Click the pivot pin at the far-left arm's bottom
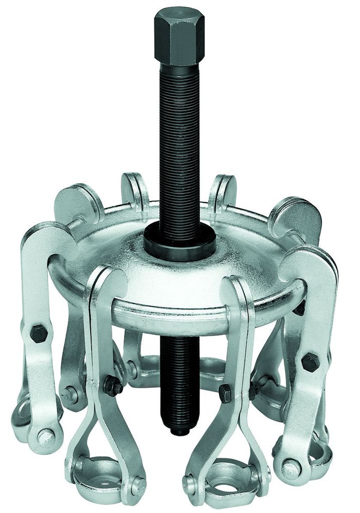46,436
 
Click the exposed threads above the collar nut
176,150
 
